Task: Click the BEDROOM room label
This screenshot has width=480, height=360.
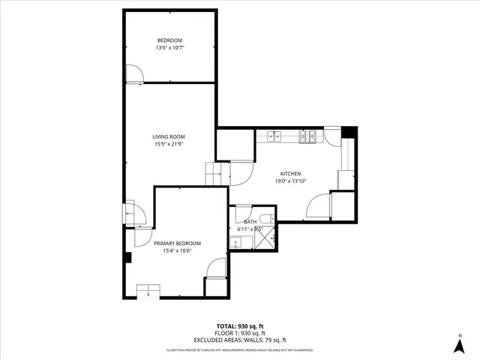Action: pyautogui.click(x=169, y=40)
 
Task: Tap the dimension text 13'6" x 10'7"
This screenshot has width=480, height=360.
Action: pyautogui.click(x=169, y=48)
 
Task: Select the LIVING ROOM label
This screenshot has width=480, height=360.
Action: pyautogui.click(x=169, y=136)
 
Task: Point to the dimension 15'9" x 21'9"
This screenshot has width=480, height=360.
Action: pyautogui.click(x=169, y=144)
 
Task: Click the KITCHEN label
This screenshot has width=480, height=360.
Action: pyautogui.click(x=290, y=173)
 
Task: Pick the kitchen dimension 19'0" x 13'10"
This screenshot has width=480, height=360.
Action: pyautogui.click(x=290, y=181)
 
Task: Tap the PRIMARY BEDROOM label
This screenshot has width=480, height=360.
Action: pyautogui.click(x=177, y=244)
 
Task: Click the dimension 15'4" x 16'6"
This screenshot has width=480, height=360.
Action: pyautogui.click(x=177, y=251)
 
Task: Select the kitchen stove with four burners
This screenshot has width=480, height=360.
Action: pyautogui.click(x=307, y=136)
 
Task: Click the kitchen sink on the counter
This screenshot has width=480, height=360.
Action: pyautogui.click(x=274, y=136)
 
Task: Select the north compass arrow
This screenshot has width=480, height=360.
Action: pyautogui.click(x=458, y=344)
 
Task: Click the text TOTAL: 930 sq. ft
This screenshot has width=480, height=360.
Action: pyautogui.click(x=239, y=325)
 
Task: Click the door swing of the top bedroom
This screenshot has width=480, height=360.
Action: pyautogui.click(x=135, y=73)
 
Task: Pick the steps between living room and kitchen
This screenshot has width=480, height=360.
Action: pyautogui.click(x=215, y=174)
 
